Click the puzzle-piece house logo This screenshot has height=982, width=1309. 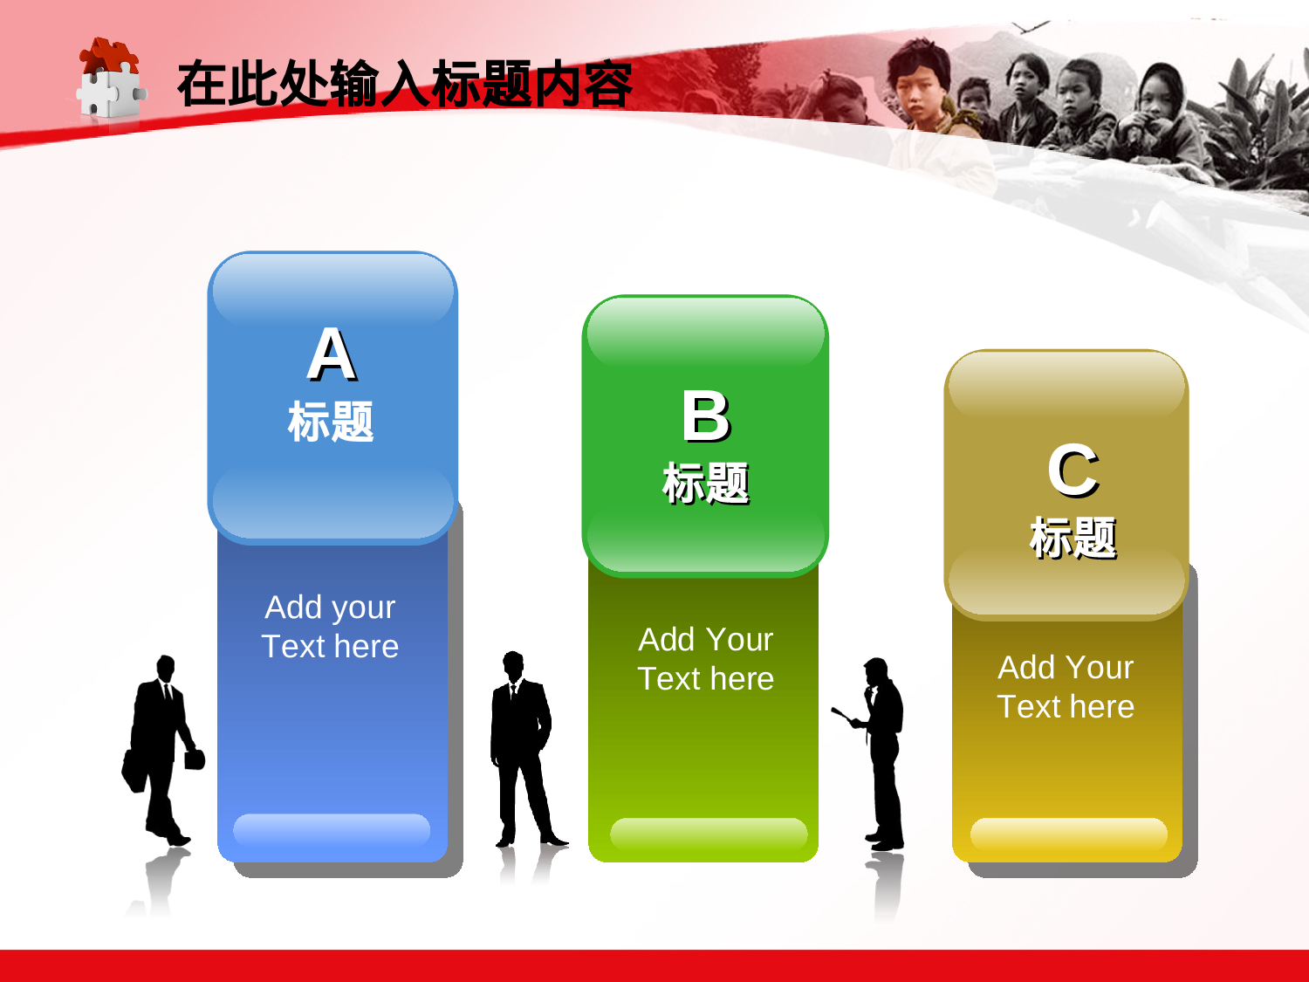(x=110, y=80)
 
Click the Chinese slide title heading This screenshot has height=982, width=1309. (x=404, y=85)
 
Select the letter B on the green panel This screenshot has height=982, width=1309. (x=706, y=416)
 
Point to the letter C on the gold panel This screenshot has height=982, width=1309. (x=1073, y=470)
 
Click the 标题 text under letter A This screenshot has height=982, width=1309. (x=331, y=422)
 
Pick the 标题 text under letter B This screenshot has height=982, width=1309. (x=706, y=484)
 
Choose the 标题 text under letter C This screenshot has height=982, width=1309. (x=1073, y=537)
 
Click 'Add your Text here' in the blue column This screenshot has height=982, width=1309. (x=330, y=627)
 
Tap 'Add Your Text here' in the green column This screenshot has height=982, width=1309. (x=706, y=659)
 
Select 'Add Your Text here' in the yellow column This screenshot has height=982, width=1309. (x=1066, y=687)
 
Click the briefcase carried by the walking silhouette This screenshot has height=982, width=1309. (x=134, y=769)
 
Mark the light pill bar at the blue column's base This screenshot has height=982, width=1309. (x=332, y=828)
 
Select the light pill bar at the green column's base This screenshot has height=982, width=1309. (x=708, y=833)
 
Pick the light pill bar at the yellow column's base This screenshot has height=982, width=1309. (x=1068, y=833)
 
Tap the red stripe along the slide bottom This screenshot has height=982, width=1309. (x=654, y=965)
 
